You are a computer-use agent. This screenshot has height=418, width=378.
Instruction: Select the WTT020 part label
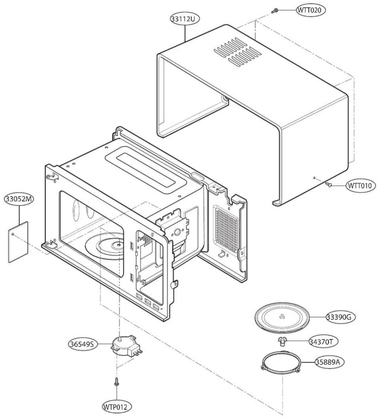coord(311,10)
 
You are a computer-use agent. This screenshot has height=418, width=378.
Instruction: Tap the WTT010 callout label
coord(361,186)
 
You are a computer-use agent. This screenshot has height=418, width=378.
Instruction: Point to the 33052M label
coord(18,199)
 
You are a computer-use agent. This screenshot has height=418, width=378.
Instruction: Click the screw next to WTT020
coord(274,11)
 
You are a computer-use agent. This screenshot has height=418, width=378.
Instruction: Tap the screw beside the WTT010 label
coord(329,185)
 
